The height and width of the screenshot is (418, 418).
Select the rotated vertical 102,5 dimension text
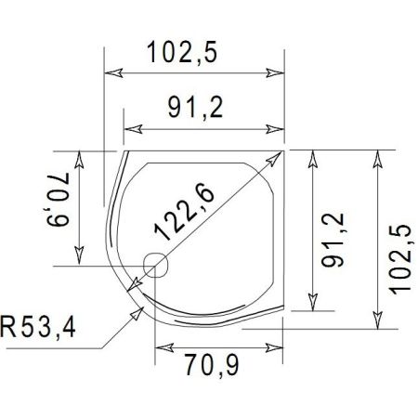[x=399, y=244]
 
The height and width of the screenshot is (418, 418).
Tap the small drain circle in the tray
[x=155, y=265]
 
